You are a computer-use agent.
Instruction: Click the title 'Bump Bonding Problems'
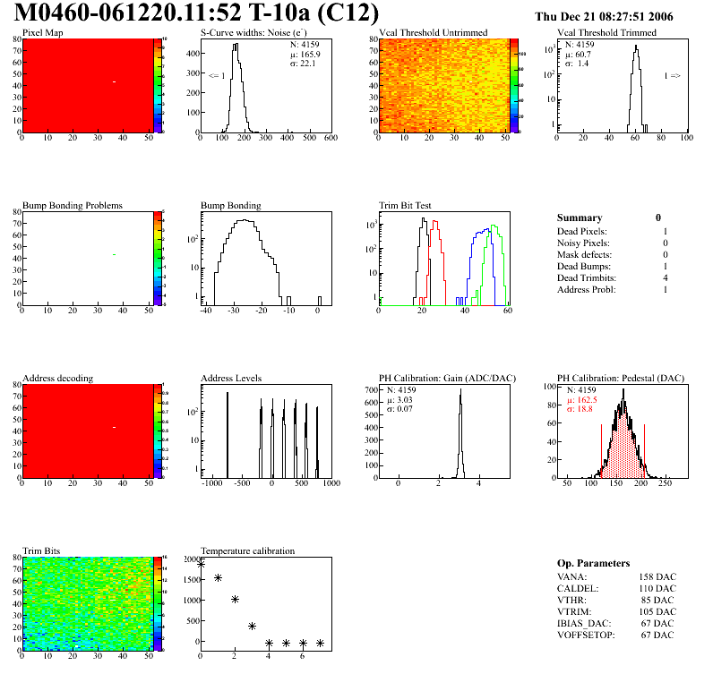tap(72, 205)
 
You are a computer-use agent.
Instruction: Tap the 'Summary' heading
tap(579, 218)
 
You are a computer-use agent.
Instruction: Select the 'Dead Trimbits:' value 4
tap(666, 278)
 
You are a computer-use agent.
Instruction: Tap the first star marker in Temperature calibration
tap(201, 564)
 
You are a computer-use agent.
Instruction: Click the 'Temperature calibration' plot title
tap(247, 550)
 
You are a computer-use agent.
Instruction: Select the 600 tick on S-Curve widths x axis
tap(331, 138)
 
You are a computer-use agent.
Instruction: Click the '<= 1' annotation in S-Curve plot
tap(216, 76)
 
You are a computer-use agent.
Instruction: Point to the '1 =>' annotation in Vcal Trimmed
tap(672, 76)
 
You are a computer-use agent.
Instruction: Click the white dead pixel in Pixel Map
tap(115, 81)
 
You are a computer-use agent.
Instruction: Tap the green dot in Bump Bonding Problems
tap(115, 255)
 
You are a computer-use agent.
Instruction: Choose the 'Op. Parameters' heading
tap(593, 563)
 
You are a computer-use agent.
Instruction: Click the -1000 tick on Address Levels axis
tap(212, 483)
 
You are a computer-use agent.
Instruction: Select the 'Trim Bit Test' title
tap(406, 205)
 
